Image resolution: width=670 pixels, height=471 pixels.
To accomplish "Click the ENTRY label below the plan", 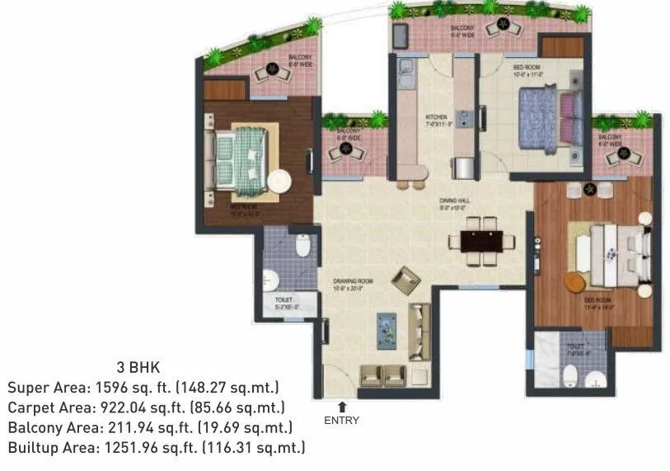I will pyautogui.click(x=341, y=420).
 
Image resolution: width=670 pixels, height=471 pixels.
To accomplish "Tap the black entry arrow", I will pyautogui.click(x=342, y=406).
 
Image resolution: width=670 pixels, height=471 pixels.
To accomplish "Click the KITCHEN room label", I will pyautogui.click(x=435, y=117).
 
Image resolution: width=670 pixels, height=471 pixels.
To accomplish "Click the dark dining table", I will pyautogui.click(x=473, y=241).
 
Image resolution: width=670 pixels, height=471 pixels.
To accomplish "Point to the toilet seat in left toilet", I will pyautogui.click(x=303, y=245).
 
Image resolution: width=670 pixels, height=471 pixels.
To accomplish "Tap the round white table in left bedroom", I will pyautogui.click(x=279, y=181).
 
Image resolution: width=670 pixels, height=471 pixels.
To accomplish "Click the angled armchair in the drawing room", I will pyautogui.click(x=405, y=279).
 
